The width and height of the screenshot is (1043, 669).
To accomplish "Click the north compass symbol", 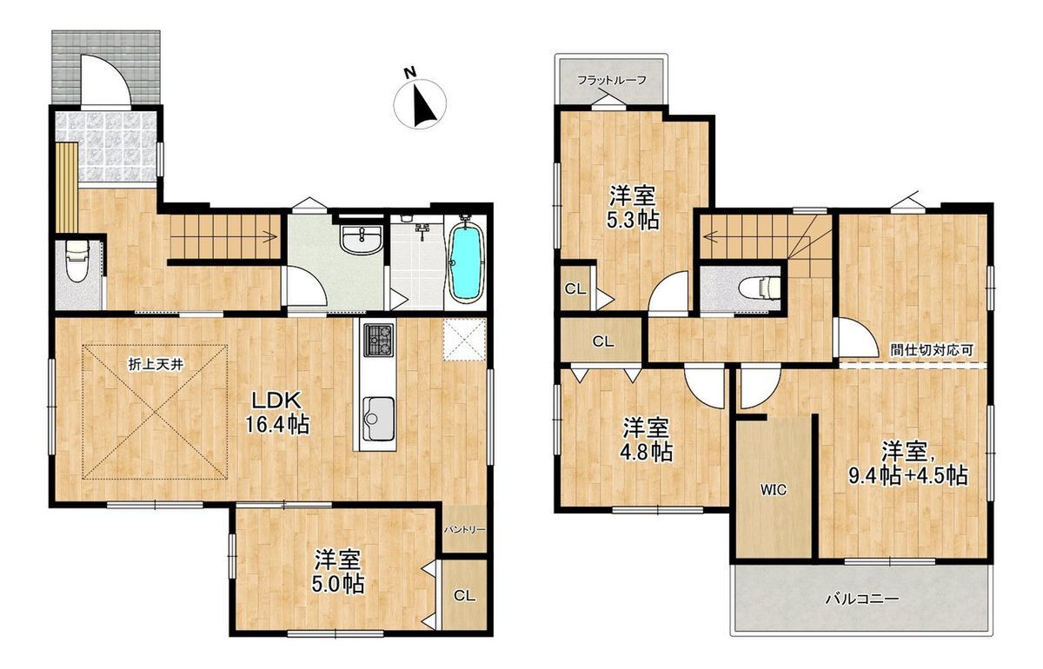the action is (420, 103).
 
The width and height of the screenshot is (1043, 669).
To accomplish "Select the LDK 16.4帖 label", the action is (277, 412).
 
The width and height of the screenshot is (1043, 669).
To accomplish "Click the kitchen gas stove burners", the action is (379, 340).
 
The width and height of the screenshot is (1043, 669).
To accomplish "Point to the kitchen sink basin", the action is (378, 419).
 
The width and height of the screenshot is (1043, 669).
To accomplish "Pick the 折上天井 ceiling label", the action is (156, 365).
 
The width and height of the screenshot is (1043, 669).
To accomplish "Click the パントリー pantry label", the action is (464, 530).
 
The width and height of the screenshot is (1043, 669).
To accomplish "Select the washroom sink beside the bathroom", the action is (362, 240).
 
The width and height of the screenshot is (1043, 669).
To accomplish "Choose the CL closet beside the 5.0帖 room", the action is (464, 596).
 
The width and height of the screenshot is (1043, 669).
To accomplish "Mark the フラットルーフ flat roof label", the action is (612, 80).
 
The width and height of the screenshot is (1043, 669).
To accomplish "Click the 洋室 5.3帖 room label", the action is (633, 209).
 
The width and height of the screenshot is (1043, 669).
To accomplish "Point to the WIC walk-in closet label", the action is (774, 489).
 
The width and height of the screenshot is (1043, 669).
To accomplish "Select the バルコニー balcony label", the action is (862, 599).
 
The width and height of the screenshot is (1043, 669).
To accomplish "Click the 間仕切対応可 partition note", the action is (932, 350).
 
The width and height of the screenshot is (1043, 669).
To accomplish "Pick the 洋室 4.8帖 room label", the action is (647, 440).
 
